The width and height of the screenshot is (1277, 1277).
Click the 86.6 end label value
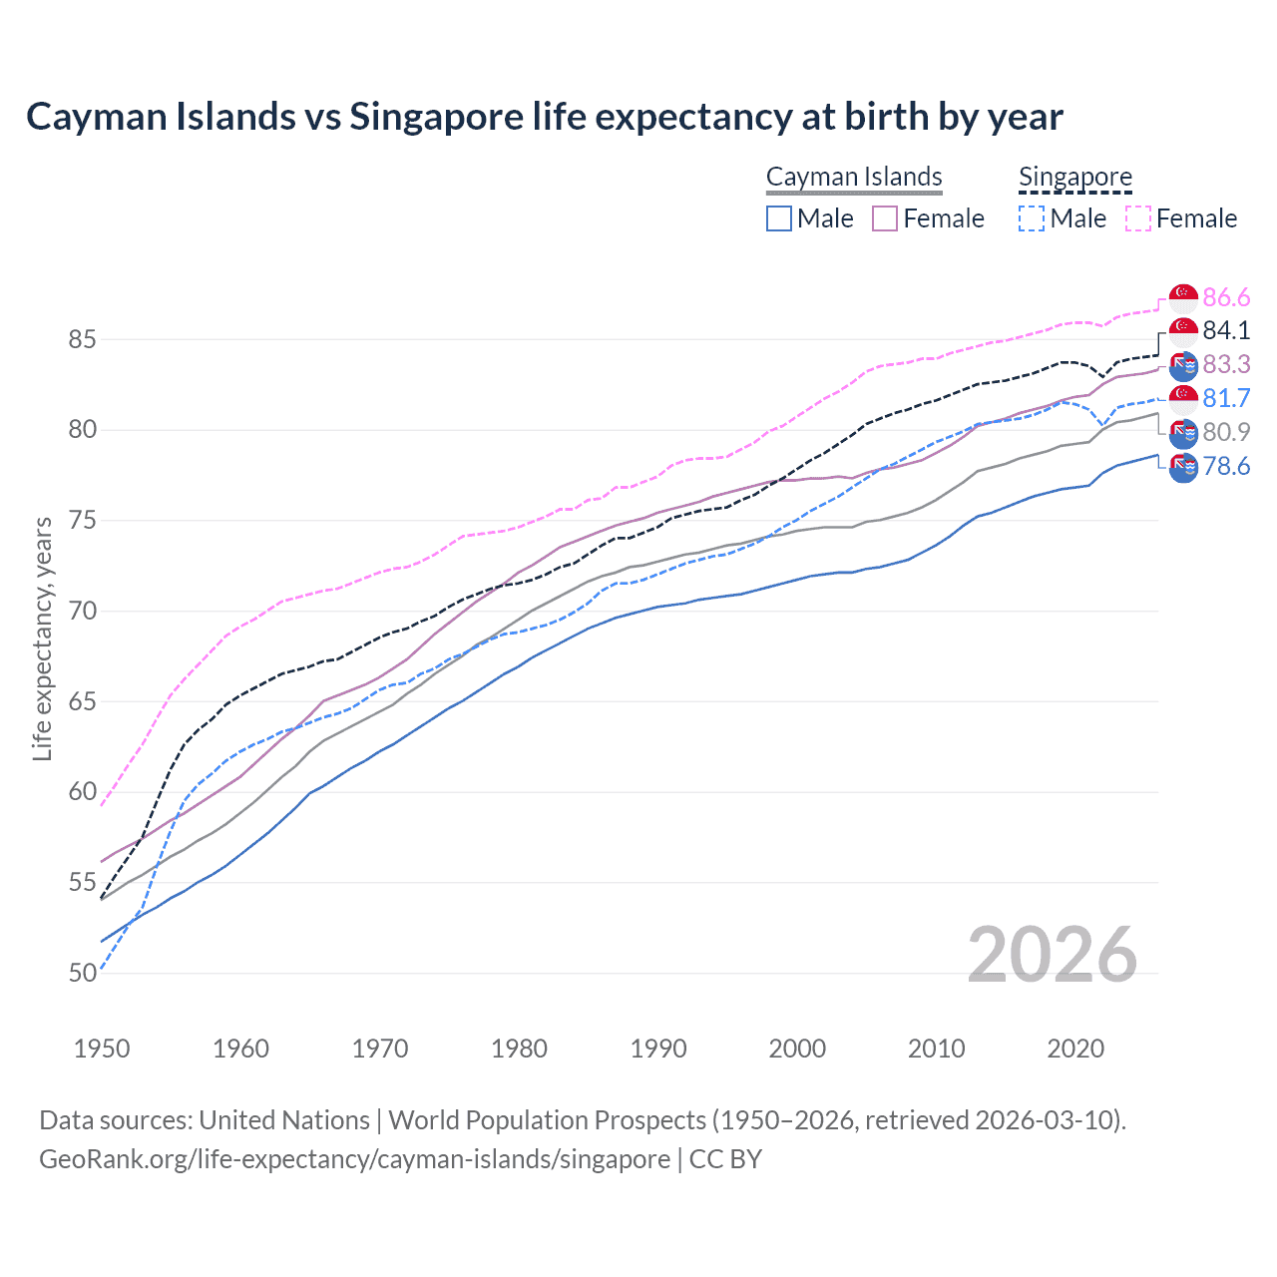(1225, 297)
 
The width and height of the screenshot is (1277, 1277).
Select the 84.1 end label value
(1225, 330)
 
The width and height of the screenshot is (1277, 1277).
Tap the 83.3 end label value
(1225, 364)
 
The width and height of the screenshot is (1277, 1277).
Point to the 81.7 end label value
(1225, 398)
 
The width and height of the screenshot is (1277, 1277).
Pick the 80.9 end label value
(1225, 432)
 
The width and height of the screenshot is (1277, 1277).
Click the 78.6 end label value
(1225, 466)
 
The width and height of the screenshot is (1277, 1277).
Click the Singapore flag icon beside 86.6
(1183, 297)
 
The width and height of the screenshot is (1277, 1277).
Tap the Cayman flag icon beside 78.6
(1183, 467)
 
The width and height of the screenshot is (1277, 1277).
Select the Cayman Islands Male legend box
(779, 218)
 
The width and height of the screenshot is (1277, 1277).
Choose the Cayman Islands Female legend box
(885, 218)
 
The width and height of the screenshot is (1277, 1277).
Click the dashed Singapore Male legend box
(1032, 218)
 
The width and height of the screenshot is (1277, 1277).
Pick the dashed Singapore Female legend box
(1138, 218)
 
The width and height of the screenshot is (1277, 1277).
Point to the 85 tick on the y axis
(82, 339)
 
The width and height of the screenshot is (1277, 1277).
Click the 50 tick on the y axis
(82, 973)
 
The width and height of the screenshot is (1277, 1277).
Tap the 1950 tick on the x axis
(102, 1049)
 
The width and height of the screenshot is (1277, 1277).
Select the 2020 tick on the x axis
(1075, 1049)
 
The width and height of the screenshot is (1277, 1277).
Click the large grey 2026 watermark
(1052, 955)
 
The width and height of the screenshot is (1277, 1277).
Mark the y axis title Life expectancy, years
(42, 638)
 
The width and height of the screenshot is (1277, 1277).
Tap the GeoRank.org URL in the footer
(354, 1158)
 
